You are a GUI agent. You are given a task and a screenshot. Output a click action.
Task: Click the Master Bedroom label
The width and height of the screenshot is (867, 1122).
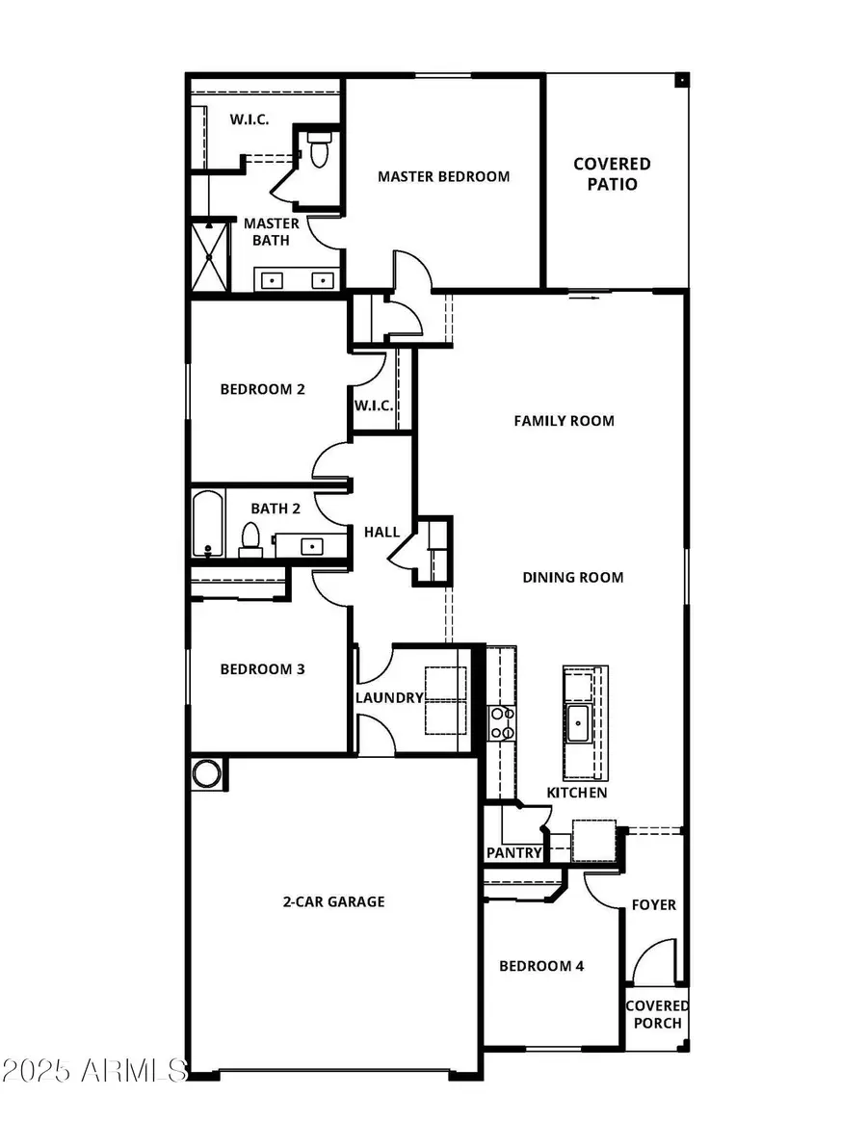tap(443, 176)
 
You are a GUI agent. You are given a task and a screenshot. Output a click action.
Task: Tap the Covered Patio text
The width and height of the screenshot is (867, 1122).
tap(612, 174)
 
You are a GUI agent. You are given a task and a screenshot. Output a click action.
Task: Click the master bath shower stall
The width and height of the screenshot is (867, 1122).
tap(209, 255)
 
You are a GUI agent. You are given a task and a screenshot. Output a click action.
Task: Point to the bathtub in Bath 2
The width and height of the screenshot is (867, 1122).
tap(207, 525)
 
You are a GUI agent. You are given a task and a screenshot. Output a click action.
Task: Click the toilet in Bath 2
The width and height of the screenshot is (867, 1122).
tap(250, 539)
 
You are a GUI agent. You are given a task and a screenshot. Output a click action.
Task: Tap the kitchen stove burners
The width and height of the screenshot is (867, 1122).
tap(501, 722)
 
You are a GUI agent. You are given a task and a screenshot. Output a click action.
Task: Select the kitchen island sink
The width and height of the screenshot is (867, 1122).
tap(578, 723)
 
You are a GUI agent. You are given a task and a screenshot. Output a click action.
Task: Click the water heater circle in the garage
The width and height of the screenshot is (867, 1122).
tap(205, 773)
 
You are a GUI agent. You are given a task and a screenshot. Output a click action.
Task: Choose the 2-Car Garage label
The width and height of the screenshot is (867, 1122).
tap(333, 901)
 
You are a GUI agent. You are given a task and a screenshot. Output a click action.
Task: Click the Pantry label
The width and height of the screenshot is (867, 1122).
tap(514, 853)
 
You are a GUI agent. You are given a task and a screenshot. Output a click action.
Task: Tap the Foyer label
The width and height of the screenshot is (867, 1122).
tap(653, 905)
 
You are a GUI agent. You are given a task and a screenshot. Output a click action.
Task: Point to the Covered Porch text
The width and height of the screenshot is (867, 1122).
tap(656, 1014)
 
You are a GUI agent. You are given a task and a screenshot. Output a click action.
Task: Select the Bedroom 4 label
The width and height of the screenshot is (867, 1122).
tap(540, 966)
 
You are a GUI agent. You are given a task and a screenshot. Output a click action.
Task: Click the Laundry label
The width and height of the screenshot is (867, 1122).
tap(389, 697)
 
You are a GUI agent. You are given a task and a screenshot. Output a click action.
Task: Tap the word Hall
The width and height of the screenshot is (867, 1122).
tap(381, 532)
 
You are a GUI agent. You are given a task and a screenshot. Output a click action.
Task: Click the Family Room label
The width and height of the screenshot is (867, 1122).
tap(564, 421)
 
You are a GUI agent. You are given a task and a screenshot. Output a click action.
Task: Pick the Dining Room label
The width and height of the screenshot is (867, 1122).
tap(573, 578)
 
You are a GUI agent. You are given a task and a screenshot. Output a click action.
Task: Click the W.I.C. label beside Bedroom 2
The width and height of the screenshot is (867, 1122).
tap(373, 405)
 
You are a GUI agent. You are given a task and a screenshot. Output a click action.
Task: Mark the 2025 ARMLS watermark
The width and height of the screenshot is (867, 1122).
tap(93, 1070)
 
